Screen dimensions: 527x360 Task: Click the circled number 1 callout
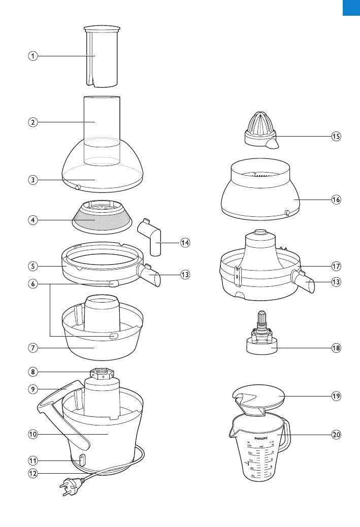(x=32, y=56)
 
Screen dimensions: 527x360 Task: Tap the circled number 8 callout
(x=32, y=372)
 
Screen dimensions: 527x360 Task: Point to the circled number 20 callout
(x=336, y=435)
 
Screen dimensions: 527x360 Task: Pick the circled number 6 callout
(x=32, y=284)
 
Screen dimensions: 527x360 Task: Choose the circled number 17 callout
(x=336, y=266)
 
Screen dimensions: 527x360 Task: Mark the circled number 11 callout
(x=32, y=460)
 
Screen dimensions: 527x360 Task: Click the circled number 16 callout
(x=336, y=200)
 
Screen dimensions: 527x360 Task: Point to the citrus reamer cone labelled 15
(x=261, y=127)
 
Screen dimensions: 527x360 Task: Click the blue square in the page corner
(x=351, y=8)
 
